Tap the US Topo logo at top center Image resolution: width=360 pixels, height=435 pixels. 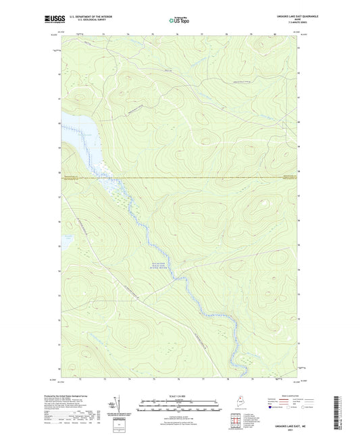180,20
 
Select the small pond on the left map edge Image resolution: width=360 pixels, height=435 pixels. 66,238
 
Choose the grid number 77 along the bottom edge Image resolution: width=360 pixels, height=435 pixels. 203,379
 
